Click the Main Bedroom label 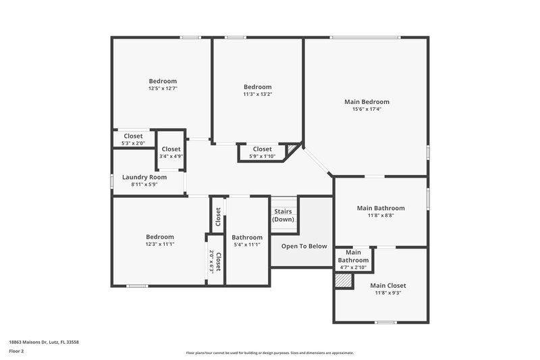(x=367, y=102)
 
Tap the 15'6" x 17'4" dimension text (x=367, y=109)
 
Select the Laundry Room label (x=144, y=177)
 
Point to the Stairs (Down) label (x=283, y=215)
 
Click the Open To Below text (x=304, y=246)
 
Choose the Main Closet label (x=388, y=285)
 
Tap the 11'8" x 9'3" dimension (x=388, y=292)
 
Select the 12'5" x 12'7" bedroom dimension (x=163, y=88)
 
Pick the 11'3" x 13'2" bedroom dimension (x=257, y=95)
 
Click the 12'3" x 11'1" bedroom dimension (x=160, y=244)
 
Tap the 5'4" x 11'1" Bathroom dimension (x=247, y=245)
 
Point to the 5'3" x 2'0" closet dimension (x=133, y=143)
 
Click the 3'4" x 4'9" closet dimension (x=171, y=156)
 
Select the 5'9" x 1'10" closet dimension (x=262, y=156)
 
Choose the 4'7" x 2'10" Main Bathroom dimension (x=353, y=267)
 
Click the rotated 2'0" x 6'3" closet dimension (x=211, y=261)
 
